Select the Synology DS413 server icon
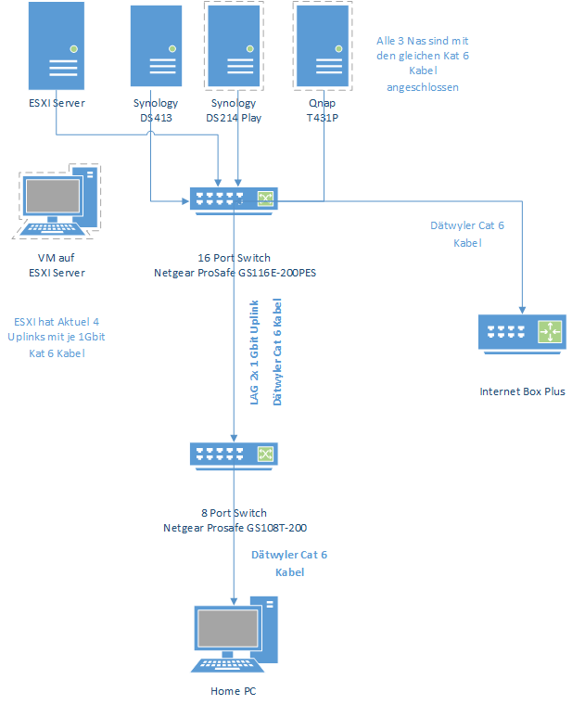(156, 47)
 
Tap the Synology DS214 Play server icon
(234, 47)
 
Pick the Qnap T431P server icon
(321, 47)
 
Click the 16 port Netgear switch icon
(234, 199)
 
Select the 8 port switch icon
(234, 454)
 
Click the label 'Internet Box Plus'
(522, 391)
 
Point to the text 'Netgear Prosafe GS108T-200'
(235, 528)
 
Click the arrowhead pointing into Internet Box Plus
(523, 309)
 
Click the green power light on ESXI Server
(73, 47)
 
